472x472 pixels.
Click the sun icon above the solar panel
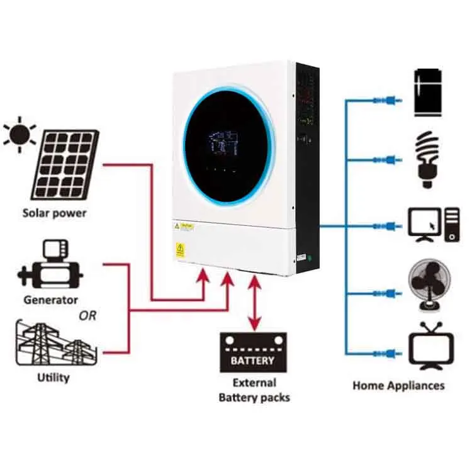(x=20, y=133)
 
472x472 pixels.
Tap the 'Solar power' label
(x=55, y=213)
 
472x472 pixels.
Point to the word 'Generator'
(x=51, y=300)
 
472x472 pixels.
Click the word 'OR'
(x=88, y=315)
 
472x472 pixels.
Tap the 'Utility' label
(x=53, y=378)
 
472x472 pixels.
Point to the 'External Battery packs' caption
(x=254, y=390)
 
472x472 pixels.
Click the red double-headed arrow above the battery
(x=254, y=302)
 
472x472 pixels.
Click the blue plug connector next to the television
(x=381, y=353)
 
